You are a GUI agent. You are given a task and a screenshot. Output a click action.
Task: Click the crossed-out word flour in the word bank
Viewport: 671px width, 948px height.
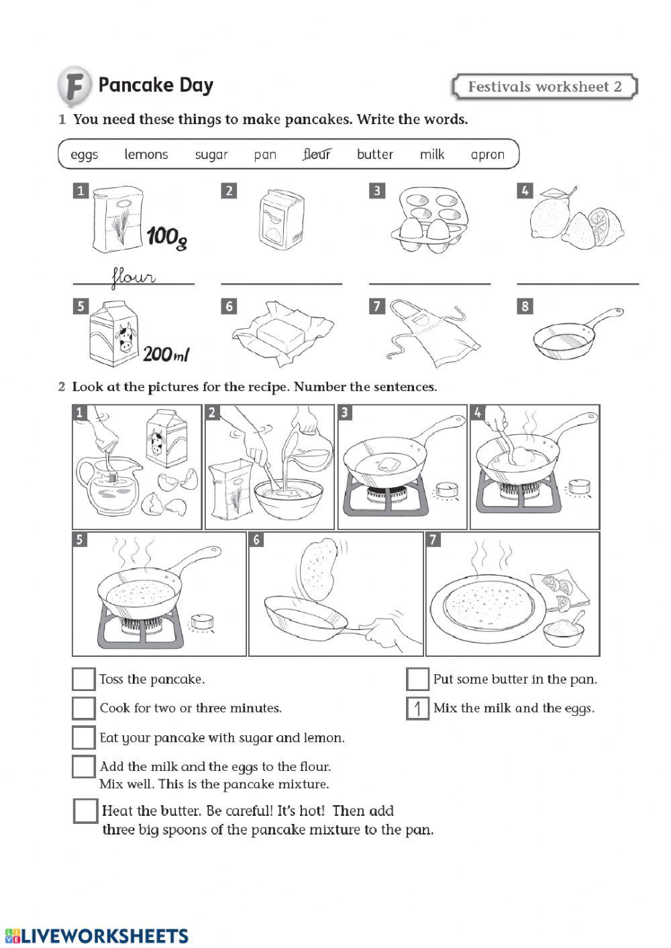(317, 154)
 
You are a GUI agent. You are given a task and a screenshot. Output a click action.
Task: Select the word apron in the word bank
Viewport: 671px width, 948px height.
(487, 154)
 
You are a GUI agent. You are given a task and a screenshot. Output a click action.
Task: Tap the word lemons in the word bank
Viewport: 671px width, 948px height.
(146, 154)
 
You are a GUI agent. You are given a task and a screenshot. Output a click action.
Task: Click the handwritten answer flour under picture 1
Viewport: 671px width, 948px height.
(133, 276)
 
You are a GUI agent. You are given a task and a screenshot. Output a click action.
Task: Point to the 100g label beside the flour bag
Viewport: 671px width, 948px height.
(166, 237)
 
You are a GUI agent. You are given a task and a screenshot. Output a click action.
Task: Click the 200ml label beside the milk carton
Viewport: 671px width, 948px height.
(166, 354)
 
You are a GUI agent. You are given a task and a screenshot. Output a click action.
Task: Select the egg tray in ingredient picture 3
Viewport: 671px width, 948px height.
(429, 219)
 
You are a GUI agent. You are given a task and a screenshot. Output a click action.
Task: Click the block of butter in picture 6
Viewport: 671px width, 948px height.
(282, 333)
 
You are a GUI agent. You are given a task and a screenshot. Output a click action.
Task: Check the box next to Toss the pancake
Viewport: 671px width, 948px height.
(84, 679)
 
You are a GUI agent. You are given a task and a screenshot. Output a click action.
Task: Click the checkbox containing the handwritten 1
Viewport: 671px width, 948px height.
(417, 708)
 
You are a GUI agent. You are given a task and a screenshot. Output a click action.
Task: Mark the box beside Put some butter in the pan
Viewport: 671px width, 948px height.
(417, 679)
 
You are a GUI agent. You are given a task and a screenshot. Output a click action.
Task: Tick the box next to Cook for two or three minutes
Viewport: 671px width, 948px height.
(84, 708)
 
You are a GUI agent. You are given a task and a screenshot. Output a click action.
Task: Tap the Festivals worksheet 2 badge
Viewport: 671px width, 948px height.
(544, 87)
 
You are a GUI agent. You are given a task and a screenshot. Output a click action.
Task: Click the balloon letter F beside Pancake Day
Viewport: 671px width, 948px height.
(74, 86)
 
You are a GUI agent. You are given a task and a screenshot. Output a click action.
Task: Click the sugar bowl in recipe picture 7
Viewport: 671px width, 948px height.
(562, 632)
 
